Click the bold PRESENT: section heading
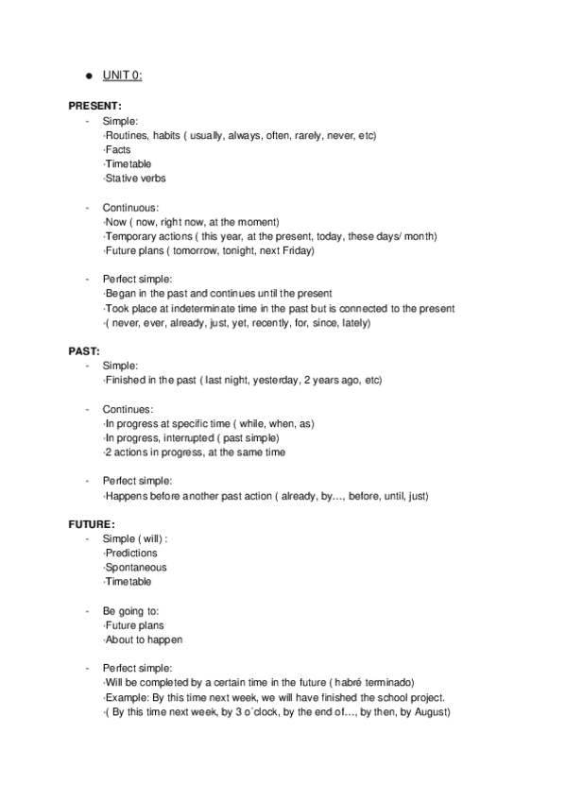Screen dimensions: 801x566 (95, 107)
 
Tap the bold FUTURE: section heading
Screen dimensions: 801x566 (93, 523)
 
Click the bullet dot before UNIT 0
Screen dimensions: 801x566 (87, 75)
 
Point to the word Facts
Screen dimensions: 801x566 (118, 149)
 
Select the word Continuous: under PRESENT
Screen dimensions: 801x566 (130, 207)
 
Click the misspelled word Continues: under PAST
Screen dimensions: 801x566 (129, 409)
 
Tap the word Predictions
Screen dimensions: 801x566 (131, 553)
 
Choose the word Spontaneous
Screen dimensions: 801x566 (136, 567)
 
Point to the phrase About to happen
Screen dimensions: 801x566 (144, 639)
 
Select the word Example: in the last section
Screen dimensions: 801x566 (125, 697)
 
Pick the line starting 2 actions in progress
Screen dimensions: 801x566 (194, 452)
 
